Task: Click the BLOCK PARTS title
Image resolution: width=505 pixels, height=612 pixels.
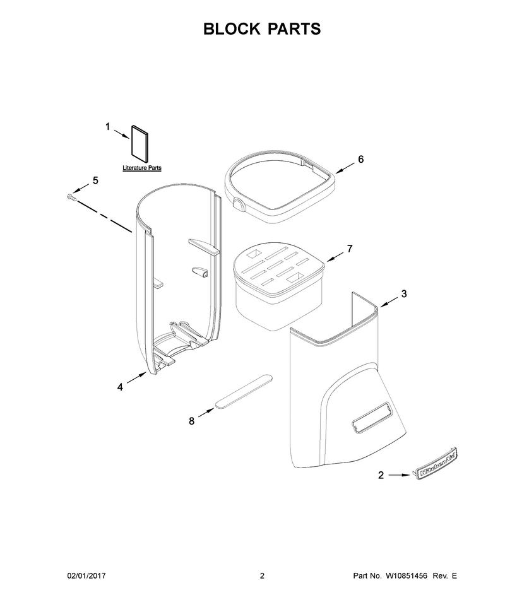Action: pos(262,29)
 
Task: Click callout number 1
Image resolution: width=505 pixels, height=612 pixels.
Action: pos(108,127)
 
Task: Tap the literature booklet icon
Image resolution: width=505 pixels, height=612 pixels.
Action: pos(140,144)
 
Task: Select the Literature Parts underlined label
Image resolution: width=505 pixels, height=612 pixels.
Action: pos(142,168)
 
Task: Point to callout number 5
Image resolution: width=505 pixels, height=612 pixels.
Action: pos(95,180)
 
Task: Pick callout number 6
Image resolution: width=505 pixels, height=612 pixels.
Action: pos(360,159)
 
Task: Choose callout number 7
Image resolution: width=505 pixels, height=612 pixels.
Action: pos(350,249)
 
